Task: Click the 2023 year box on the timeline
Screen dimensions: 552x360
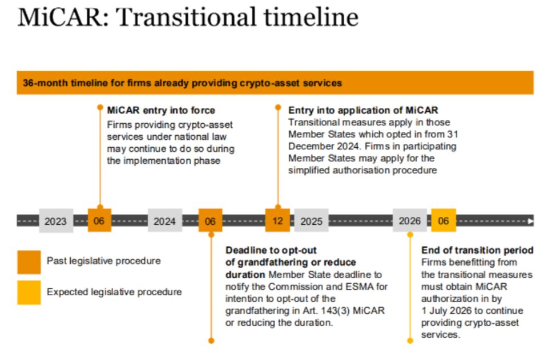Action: (56, 221)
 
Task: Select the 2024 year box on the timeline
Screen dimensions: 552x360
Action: (165, 221)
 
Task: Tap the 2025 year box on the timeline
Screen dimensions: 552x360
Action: (311, 221)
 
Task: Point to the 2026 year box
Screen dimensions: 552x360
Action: (410, 221)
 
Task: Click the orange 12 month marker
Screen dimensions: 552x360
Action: (277, 220)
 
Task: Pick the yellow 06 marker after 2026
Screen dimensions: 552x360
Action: (444, 220)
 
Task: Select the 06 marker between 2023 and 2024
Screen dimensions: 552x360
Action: (99, 220)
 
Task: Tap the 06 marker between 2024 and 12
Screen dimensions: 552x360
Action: (210, 220)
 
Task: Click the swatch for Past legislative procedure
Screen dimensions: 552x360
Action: (29, 262)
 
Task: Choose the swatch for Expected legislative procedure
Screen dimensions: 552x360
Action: (29, 293)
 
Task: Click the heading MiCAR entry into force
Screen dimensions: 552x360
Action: (161, 110)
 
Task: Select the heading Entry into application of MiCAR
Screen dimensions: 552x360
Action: (363, 110)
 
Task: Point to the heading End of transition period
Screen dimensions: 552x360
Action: (477, 250)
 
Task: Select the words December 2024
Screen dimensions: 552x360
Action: (325, 147)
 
